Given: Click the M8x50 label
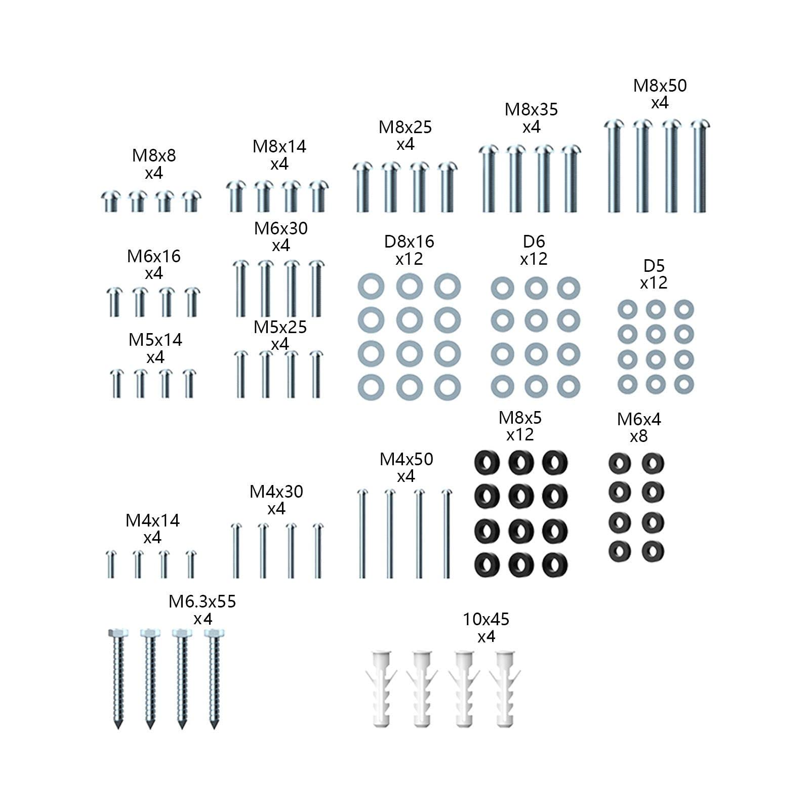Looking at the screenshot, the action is pyautogui.click(x=660, y=86).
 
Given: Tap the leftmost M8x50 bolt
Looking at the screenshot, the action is pyautogui.click(x=613, y=166).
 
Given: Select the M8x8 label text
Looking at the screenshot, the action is pyautogui.click(x=154, y=155).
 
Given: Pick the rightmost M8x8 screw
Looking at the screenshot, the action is pyautogui.click(x=191, y=201).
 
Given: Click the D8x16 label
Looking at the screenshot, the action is pyautogui.click(x=409, y=241).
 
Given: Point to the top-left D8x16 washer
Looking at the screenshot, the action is pyautogui.click(x=371, y=287).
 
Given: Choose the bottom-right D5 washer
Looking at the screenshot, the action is pyautogui.click(x=683, y=383).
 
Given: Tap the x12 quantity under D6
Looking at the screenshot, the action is pyautogui.click(x=534, y=259).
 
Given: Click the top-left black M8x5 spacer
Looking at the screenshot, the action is pyautogui.click(x=487, y=462).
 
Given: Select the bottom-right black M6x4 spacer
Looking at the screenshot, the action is pyautogui.click(x=653, y=551).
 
